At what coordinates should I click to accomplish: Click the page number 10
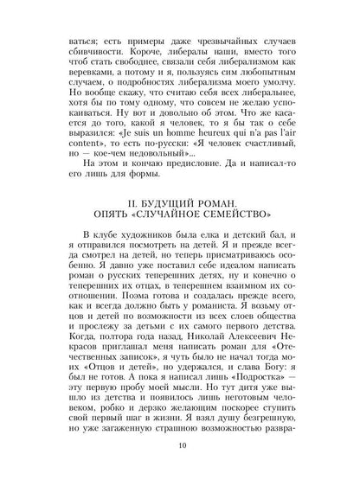click(x=180, y=447)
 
